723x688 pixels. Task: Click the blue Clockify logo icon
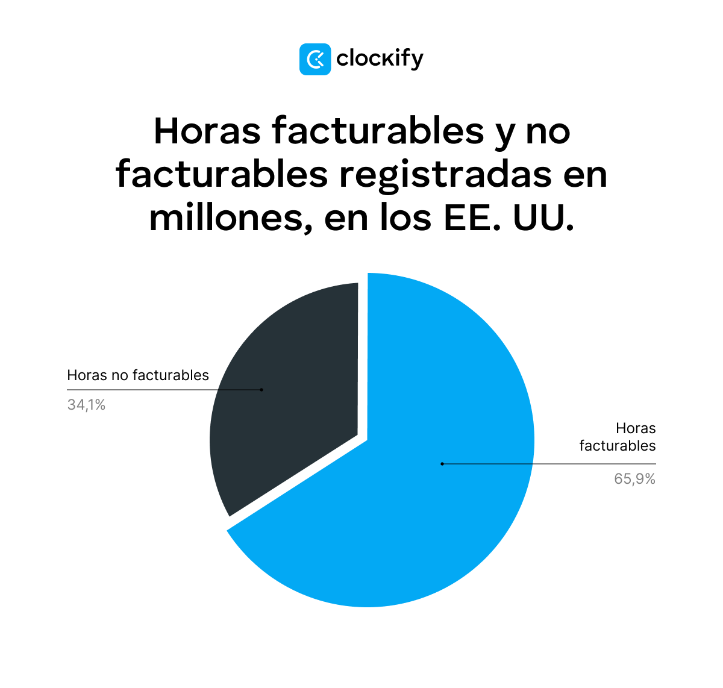(315, 59)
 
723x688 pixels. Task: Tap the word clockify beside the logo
(380, 59)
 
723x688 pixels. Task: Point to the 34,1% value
(86, 405)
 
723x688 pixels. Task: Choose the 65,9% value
(634, 479)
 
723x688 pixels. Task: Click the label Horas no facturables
(138, 375)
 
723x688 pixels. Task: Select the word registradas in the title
(445, 175)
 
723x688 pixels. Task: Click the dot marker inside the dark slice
(261, 390)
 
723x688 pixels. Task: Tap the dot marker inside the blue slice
(442, 464)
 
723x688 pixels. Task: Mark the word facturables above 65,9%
(618, 446)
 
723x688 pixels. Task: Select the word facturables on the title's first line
(378, 131)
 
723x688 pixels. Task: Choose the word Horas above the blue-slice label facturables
(636, 428)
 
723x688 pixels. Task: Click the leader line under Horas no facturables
(163, 390)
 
